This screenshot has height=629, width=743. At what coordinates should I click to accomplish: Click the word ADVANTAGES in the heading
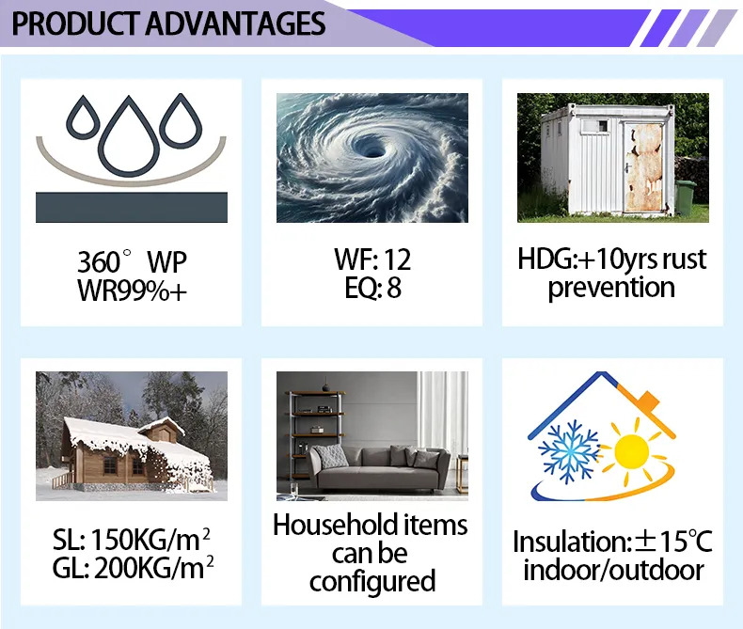(235, 23)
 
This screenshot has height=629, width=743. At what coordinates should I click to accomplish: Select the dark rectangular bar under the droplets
(132, 207)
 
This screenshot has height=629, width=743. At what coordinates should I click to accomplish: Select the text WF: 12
(372, 259)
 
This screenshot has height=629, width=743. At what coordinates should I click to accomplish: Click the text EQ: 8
(372, 289)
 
